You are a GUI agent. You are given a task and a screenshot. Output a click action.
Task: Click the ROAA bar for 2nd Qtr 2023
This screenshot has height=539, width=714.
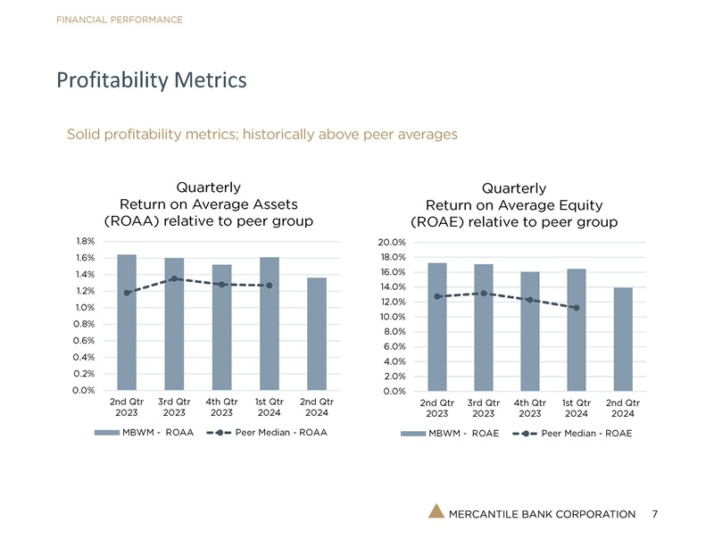pos(127,322)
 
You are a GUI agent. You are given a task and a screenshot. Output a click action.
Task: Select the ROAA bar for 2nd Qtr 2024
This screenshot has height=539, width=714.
pos(316,334)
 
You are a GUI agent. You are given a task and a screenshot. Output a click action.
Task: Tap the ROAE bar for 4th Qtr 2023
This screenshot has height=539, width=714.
pos(530,331)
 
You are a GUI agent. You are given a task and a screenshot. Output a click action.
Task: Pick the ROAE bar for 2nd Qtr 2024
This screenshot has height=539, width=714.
pos(623,339)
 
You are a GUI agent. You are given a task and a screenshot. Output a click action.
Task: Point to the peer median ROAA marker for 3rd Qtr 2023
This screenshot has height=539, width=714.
pos(174,279)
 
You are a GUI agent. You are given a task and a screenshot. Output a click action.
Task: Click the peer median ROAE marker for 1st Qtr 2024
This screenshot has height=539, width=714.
pos(577,308)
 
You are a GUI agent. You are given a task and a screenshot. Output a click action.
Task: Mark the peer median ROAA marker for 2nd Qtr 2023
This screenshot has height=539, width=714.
pos(127,293)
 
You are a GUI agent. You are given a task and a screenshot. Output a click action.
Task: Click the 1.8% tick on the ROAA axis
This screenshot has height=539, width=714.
pos(86,241)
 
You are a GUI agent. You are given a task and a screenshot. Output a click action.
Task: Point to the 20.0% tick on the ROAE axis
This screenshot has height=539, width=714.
pos(392,243)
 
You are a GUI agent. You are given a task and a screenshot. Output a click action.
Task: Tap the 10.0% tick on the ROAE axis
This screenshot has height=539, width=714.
pos(392,317)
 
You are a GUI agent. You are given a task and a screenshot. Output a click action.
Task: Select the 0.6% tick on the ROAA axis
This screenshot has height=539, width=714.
pos(86,341)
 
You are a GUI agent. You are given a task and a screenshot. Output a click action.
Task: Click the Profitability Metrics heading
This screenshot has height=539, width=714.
pos(151,81)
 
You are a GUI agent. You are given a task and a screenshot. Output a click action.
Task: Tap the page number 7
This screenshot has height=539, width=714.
pos(655,514)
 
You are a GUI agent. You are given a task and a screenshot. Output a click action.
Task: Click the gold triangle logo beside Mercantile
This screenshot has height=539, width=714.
pos(436,512)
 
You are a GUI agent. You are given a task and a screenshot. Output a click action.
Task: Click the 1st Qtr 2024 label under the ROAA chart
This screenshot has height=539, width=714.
pos(269,407)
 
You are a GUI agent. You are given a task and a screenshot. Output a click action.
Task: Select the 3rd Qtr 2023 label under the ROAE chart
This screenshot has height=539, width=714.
pos(484,408)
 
